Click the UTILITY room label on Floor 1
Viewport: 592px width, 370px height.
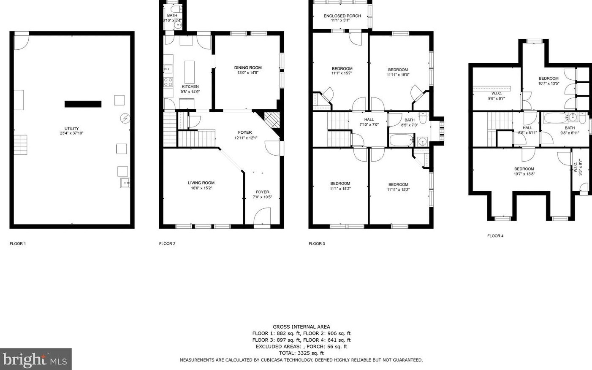72,129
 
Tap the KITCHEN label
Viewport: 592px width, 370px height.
190,86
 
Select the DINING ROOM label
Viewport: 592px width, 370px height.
248,68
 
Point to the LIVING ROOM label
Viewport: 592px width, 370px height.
201,183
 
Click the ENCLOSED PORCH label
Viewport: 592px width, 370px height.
342,16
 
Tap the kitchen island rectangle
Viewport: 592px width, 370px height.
190,72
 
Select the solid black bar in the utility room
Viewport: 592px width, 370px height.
83,104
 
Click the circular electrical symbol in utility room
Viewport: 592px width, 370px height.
125,119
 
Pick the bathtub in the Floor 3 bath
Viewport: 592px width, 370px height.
401,140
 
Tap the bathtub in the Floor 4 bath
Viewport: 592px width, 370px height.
556,118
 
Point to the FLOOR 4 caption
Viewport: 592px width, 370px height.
495,236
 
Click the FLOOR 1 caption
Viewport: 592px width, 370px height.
18,243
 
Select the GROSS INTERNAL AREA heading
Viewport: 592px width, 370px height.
301,327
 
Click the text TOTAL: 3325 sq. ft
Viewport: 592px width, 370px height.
301,353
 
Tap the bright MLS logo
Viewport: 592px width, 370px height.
35,359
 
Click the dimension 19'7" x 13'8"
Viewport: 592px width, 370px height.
524,174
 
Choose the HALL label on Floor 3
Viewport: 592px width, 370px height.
369,120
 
